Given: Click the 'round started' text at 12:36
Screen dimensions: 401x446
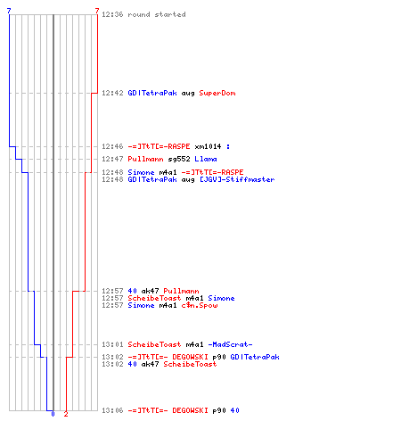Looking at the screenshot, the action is coord(157,14).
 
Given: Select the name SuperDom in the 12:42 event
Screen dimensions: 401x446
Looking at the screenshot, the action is coord(217,93).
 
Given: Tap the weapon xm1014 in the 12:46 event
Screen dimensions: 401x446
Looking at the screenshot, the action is coord(208,146).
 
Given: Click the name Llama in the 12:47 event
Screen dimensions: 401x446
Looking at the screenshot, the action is coord(206,159).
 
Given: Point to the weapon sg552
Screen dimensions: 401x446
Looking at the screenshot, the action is coord(179,159).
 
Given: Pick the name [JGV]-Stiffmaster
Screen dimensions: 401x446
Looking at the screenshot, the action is coord(237,179).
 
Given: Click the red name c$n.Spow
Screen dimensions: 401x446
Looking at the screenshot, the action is coord(200,305).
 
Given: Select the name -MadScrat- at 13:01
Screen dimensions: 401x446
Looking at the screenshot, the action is coord(230,344).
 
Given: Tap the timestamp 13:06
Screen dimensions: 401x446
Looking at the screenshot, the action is coord(112,410).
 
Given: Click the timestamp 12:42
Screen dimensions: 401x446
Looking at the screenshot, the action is coord(112,93).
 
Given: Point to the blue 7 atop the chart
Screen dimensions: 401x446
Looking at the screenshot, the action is coord(9,11).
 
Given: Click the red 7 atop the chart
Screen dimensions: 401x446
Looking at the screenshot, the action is coord(97,11).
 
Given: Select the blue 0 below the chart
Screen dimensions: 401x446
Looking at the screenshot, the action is coord(53,414).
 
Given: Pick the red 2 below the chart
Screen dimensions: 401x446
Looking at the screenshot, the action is coord(66,414).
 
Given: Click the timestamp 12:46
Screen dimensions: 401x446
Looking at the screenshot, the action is coord(112,146).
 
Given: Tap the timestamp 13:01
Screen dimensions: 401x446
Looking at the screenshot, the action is coord(112,344).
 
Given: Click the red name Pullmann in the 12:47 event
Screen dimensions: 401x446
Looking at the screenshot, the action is coord(145,159).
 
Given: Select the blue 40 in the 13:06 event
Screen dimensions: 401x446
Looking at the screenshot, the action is coord(234,410).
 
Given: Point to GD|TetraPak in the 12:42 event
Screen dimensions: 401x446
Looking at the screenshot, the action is coord(152,93).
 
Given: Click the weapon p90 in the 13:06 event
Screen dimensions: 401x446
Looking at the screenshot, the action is coord(219,410).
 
